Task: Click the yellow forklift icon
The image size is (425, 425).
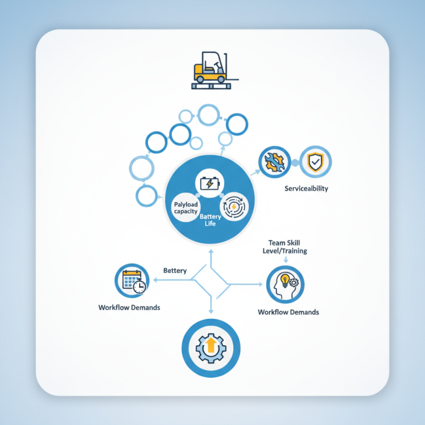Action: click(x=215, y=70)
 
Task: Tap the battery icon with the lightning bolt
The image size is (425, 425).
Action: click(x=209, y=183)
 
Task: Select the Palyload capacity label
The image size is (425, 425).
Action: click(x=185, y=208)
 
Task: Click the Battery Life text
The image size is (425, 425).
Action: click(x=210, y=220)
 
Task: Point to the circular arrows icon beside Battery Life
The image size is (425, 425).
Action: click(x=234, y=207)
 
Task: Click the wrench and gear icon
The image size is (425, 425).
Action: click(x=274, y=162)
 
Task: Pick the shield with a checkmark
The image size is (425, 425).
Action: click(x=315, y=162)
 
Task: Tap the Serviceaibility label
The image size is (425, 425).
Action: click(x=307, y=189)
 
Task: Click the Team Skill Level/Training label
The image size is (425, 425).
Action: click(x=285, y=246)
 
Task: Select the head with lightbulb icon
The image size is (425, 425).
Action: click(x=285, y=285)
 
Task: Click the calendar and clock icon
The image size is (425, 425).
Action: click(x=134, y=282)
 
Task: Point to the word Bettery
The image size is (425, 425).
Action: click(x=175, y=270)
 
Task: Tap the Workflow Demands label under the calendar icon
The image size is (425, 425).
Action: click(x=129, y=308)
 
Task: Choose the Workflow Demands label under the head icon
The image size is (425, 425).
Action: click(x=288, y=312)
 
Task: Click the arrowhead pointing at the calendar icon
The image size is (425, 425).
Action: click(x=155, y=280)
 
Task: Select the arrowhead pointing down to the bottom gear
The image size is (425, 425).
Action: click(x=211, y=311)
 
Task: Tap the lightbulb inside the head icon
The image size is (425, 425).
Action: click(x=285, y=280)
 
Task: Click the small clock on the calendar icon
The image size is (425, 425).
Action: click(x=140, y=286)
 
